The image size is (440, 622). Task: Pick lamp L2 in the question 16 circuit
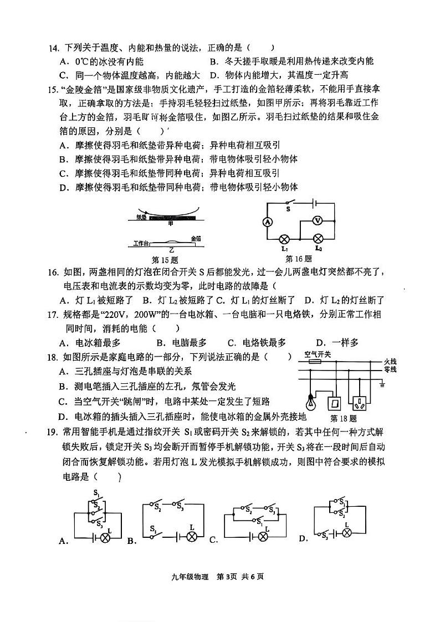318,239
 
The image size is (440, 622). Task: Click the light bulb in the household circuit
310,399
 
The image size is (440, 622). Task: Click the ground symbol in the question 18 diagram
382,383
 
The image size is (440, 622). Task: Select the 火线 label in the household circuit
390,361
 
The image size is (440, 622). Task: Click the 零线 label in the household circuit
390,369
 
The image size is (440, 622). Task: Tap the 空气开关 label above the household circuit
318,353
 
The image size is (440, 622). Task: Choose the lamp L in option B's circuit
192,537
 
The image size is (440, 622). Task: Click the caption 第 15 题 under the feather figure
164,259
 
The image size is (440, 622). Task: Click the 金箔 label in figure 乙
196,238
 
